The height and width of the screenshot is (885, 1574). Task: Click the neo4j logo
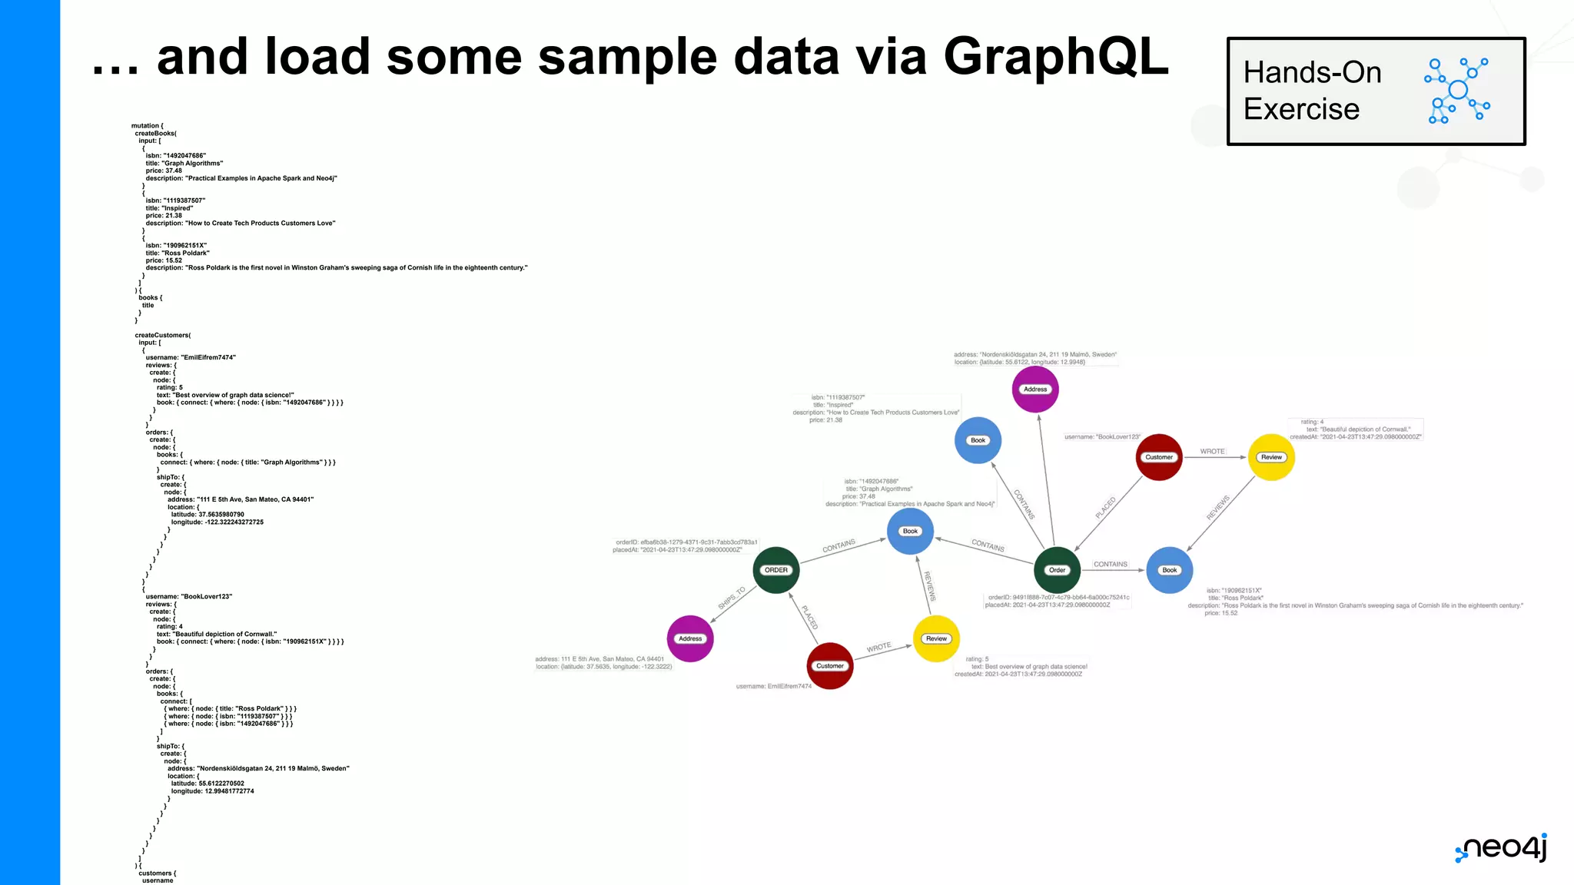tap(1501, 848)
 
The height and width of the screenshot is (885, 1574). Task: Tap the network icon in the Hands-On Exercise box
tap(1457, 91)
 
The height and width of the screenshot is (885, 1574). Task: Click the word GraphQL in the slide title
tap(1056, 57)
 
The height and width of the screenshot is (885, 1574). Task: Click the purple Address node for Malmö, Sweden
tap(1035, 389)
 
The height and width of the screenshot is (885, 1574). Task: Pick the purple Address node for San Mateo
tap(690, 638)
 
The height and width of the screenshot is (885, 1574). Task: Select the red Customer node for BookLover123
tap(1159, 457)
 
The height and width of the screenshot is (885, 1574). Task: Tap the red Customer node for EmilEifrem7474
tap(830, 666)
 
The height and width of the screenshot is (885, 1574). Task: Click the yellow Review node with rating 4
tap(1271, 457)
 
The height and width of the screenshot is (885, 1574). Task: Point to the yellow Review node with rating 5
tap(936, 638)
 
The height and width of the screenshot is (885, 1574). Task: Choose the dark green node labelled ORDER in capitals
tap(776, 570)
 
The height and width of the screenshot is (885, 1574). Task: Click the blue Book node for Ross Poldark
tap(1170, 570)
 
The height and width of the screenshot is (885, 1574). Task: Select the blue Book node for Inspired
tap(978, 440)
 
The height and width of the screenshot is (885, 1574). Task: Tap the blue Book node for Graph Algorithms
tap(910, 531)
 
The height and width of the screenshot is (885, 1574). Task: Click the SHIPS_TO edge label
tap(732, 598)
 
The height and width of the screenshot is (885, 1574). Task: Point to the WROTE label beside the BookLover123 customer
tap(1212, 452)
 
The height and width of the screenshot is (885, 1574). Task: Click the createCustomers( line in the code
tap(163, 335)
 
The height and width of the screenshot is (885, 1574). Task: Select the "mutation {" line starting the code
tap(147, 126)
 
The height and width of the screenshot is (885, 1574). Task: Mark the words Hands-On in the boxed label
tap(1312, 72)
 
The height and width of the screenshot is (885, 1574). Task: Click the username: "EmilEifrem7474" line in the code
tap(191, 357)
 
